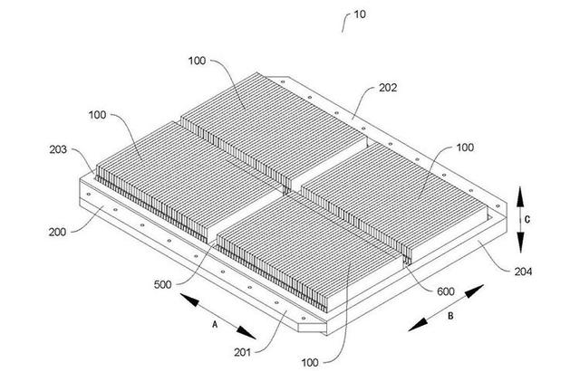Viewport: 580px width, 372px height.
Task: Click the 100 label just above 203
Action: click(101, 117)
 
